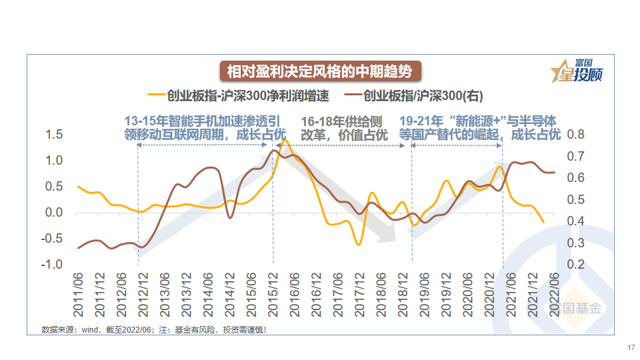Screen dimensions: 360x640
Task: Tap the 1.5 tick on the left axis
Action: pos(54,135)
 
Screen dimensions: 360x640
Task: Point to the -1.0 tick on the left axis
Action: pos(53,265)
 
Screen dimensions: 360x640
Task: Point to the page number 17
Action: pos(631,347)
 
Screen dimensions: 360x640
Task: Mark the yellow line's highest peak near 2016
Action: pos(285,141)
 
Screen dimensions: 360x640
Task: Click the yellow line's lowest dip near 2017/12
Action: pos(359,245)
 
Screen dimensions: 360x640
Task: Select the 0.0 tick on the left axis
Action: pos(54,213)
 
